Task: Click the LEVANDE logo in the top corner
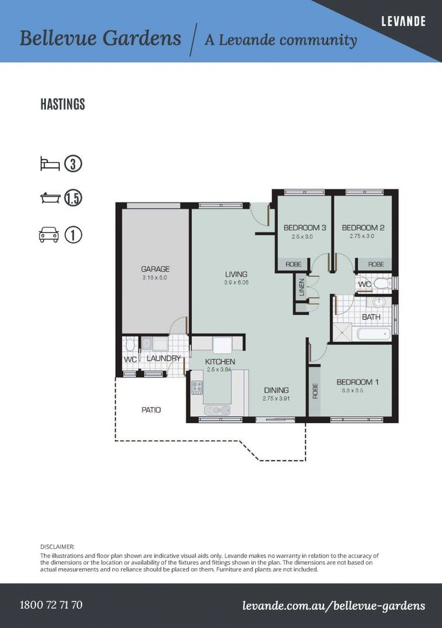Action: [403, 22]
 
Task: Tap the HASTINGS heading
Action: [62, 104]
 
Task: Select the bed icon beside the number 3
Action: [49, 164]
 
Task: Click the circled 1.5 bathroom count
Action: [73, 198]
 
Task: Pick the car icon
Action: [49, 235]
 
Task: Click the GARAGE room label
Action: [155, 269]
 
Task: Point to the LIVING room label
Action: [236, 274]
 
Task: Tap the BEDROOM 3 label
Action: [305, 227]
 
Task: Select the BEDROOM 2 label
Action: [363, 227]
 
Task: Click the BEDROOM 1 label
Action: [358, 382]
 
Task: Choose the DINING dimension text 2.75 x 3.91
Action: [276, 398]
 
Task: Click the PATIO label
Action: [151, 410]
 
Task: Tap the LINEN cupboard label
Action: [302, 287]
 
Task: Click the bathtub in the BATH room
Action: [373, 334]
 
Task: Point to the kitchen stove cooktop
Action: [197, 387]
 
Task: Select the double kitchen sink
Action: [217, 410]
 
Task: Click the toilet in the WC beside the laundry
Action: [130, 343]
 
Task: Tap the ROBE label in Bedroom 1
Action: [315, 391]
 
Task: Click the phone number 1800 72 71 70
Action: [51, 604]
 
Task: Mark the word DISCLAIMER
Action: [58, 547]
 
